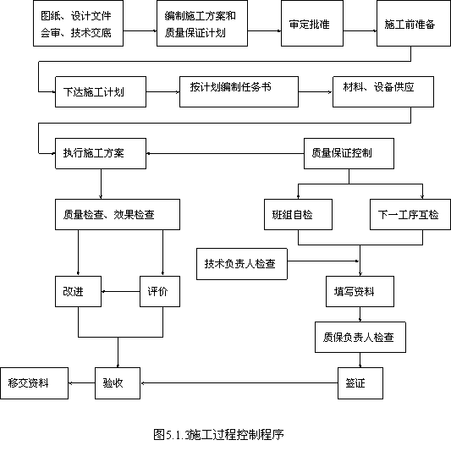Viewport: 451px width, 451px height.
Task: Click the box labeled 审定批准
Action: [x=312, y=24]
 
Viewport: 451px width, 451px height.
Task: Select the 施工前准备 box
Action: [x=414, y=24]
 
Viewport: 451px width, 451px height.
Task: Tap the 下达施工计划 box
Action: [x=101, y=91]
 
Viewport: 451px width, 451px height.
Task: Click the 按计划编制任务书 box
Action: [x=239, y=91]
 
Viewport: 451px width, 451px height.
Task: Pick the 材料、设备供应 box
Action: [x=383, y=91]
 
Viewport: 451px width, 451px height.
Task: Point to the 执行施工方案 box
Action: [x=101, y=153]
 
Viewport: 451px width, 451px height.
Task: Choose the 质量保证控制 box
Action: [x=349, y=153]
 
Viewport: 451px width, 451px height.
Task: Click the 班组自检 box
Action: [x=299, y=214]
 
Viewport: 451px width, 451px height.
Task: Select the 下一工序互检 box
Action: [x=410, y=214]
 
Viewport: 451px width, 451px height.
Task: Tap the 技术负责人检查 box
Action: [x=242, y=264]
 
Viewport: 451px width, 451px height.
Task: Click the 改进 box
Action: [x=78, y=291]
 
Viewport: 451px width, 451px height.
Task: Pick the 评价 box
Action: [x=160, y=291]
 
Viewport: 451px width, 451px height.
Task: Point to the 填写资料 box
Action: [x=360, y=291]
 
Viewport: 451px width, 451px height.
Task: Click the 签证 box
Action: [x=360, y=383]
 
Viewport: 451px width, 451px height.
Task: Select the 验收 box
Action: [x=118, y=383]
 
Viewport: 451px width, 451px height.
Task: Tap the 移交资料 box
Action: [x=34, y=383]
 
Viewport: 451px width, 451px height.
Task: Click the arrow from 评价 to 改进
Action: [x=120, y=291]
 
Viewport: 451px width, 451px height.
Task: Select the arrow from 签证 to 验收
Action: [x=239, y=383]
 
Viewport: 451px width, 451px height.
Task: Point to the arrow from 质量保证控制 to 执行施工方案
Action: [x=225, y=153]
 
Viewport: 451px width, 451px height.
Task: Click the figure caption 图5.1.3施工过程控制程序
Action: [x=218, y=434]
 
